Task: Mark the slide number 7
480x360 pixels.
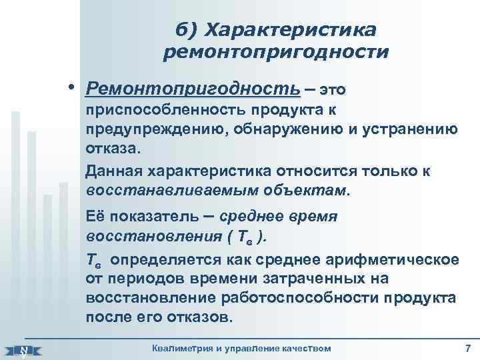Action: pos(467,348)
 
